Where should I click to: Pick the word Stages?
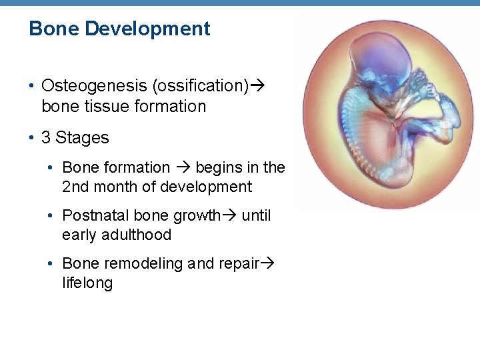82,138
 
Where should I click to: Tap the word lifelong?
87,283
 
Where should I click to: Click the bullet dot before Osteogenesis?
32,87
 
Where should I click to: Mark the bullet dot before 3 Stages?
32,139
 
